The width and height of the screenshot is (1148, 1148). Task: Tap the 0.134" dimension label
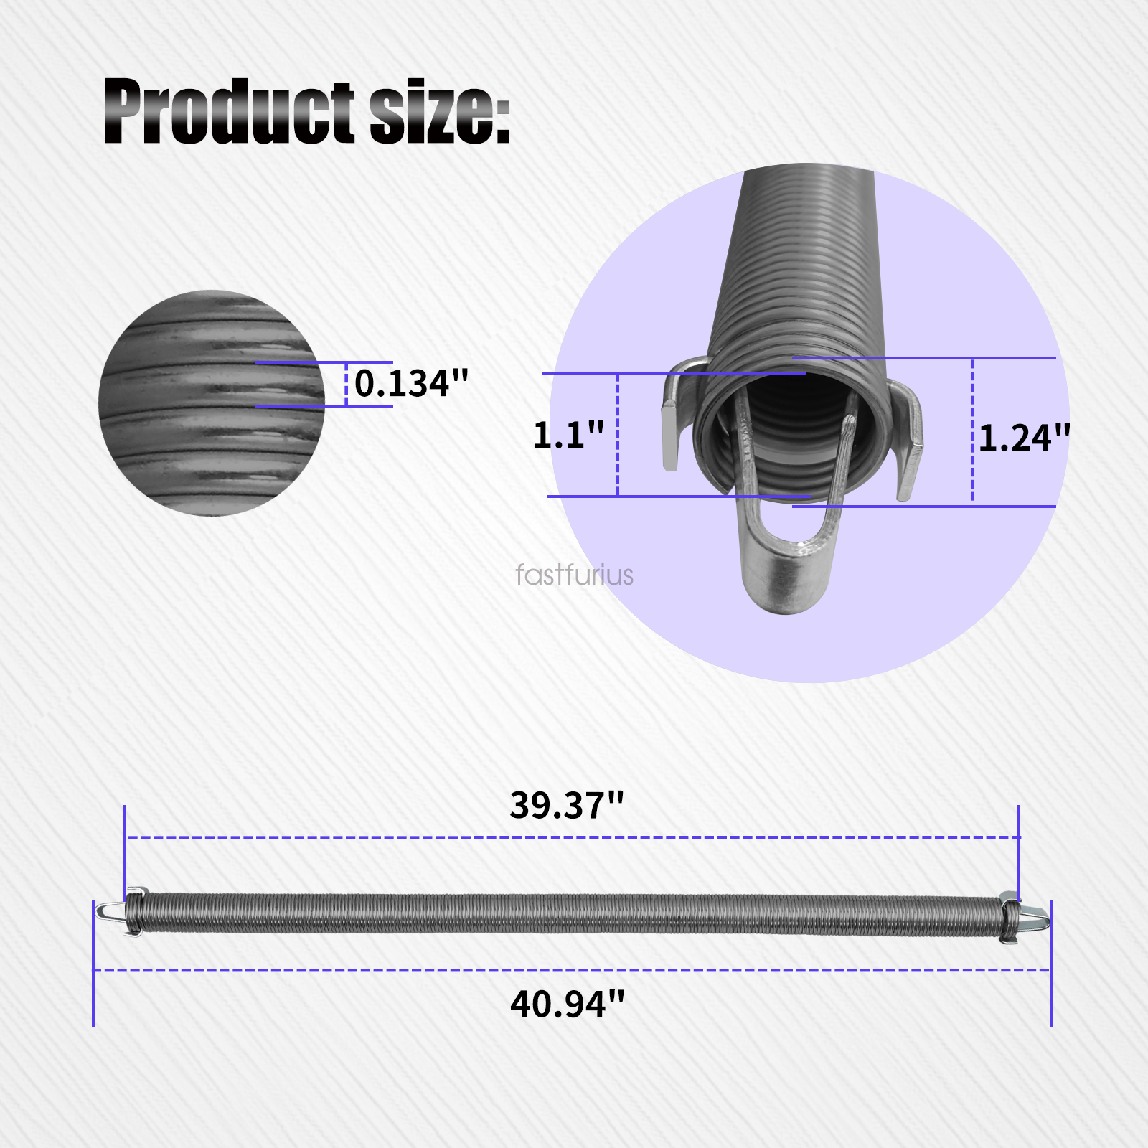(411, 383)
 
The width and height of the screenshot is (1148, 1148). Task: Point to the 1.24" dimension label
(1024, 438)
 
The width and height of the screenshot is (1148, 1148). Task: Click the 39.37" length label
(567, 805)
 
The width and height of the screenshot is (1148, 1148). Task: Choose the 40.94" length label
(567, 1004)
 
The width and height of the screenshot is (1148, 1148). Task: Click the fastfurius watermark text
(574, 575)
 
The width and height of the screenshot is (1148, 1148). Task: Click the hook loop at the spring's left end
(109, 911)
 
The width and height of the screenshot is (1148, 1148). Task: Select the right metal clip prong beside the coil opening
(910, 445)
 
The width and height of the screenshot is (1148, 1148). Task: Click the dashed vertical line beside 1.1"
(617, 435)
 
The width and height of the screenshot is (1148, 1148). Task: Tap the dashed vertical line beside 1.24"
(972, 430)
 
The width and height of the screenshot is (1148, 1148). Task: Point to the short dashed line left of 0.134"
(347, 384)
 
